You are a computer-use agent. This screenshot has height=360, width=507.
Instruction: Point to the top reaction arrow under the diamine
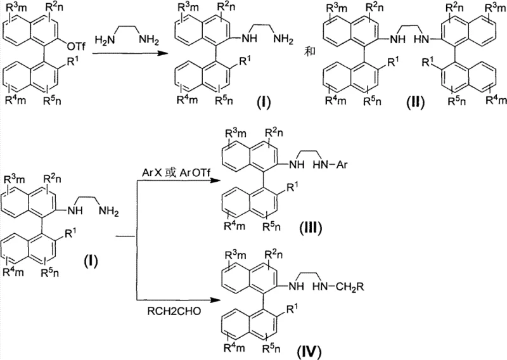[127, 55]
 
